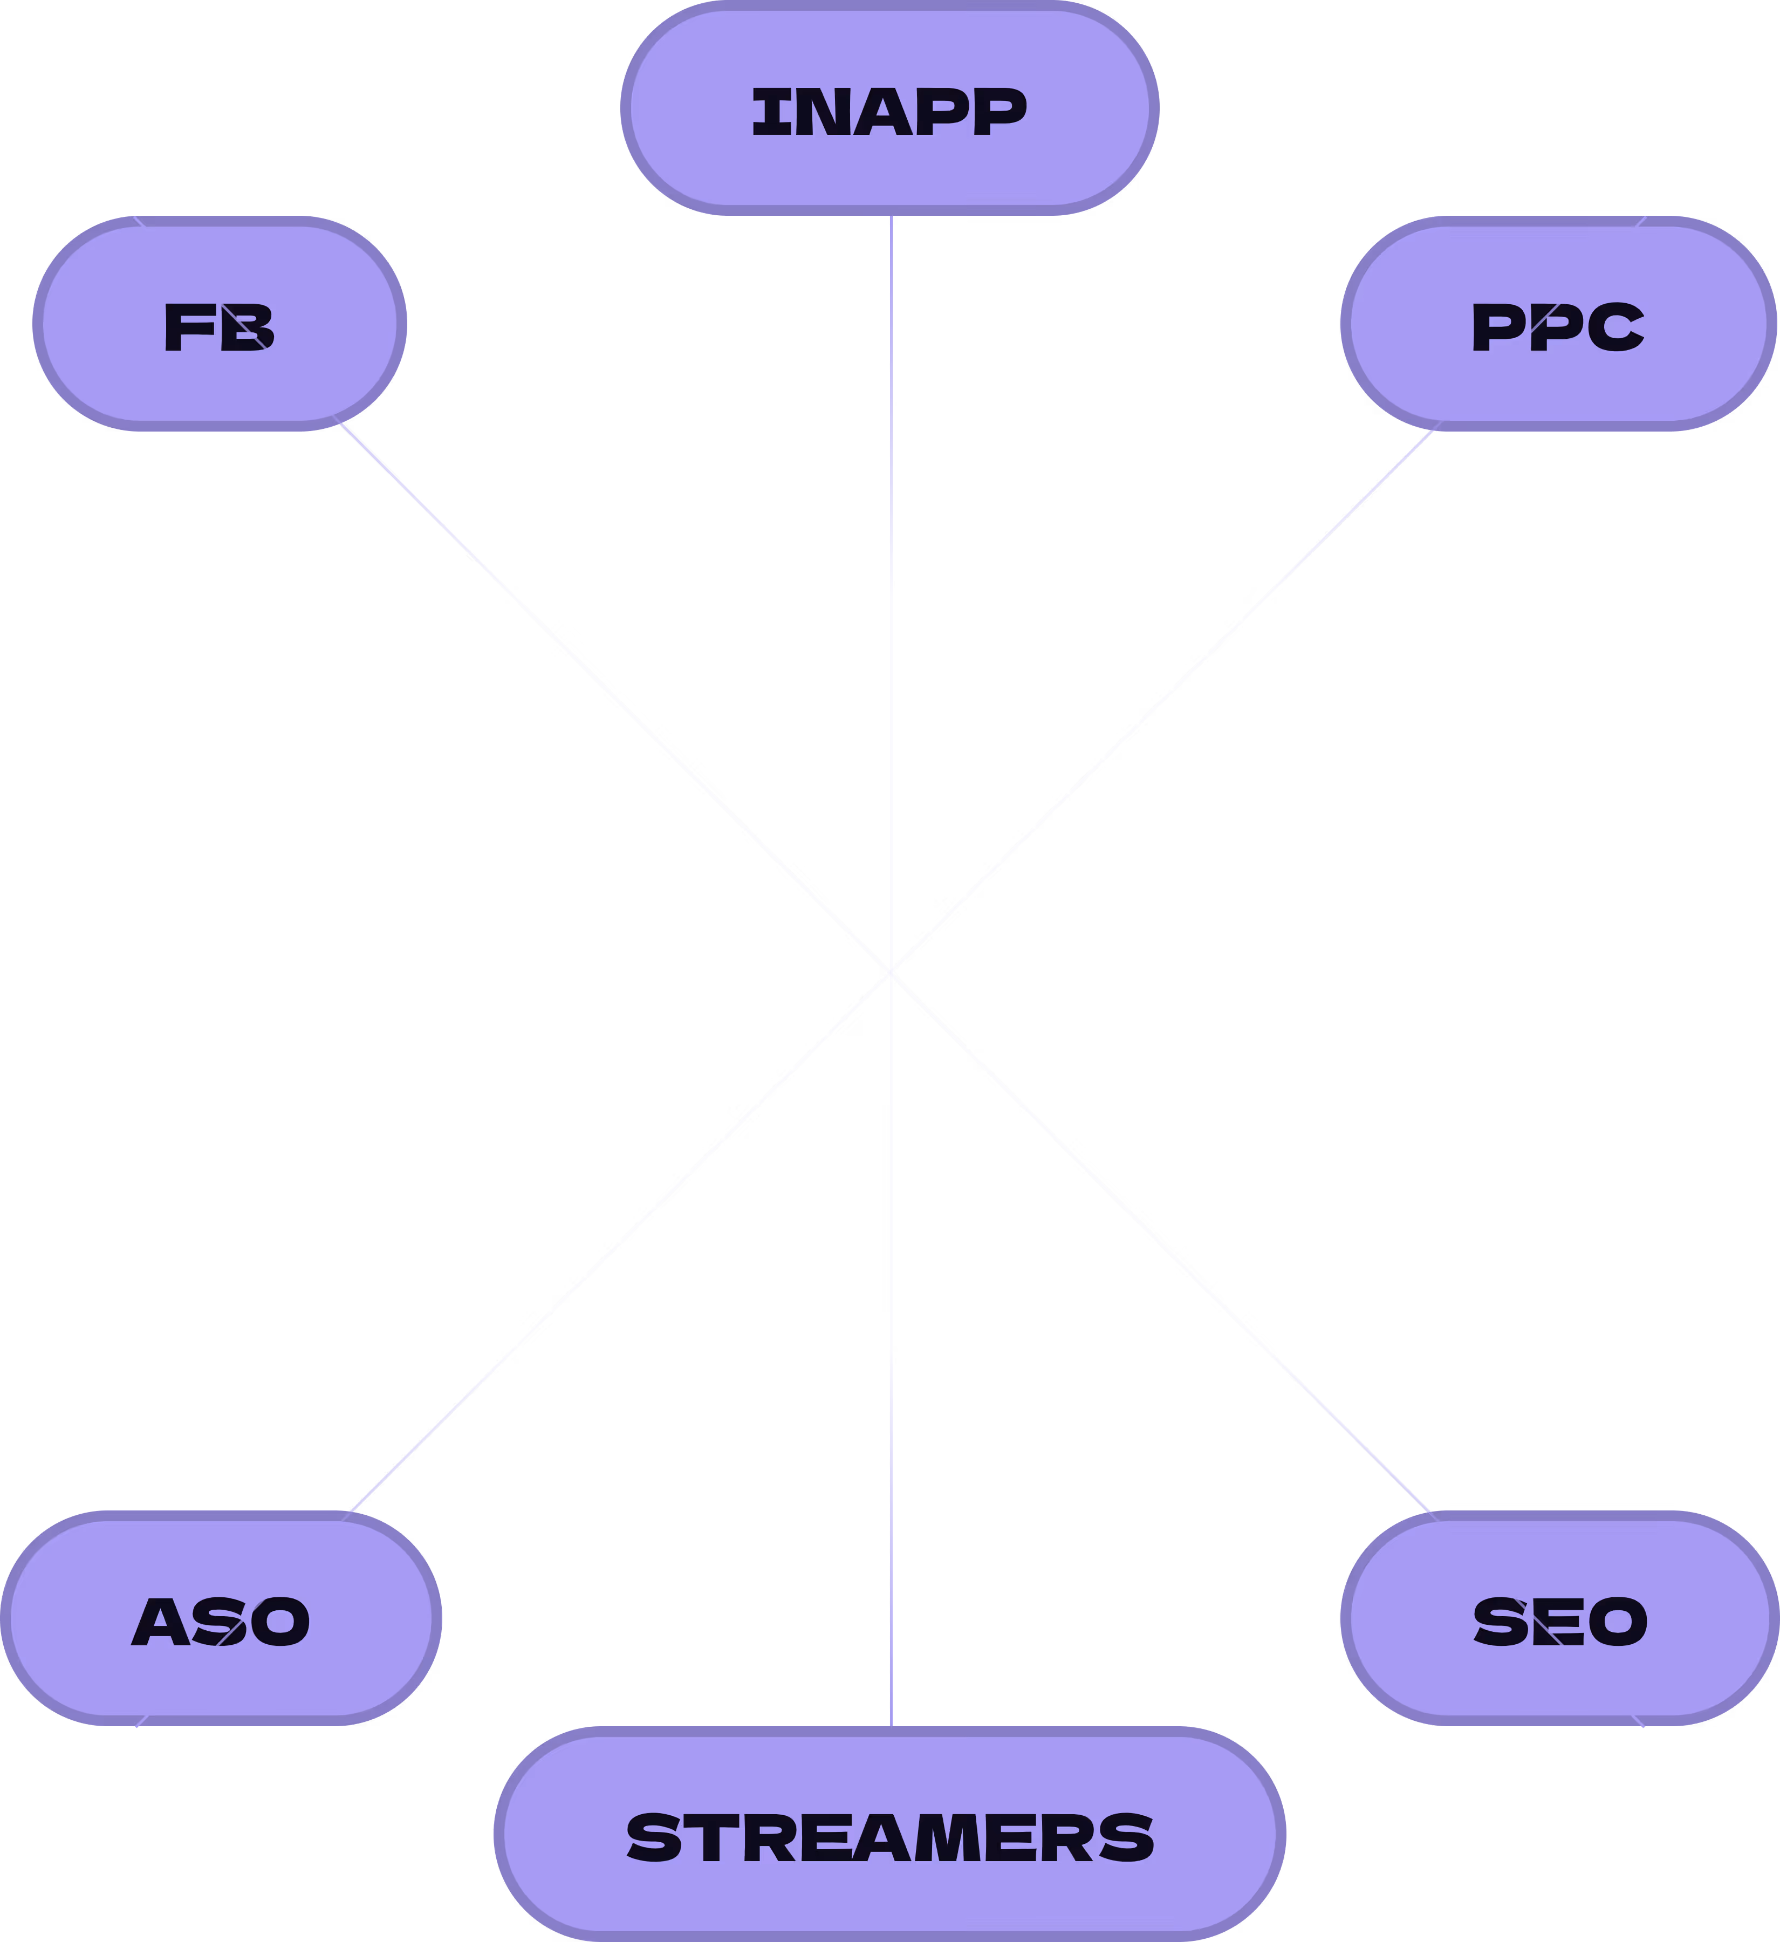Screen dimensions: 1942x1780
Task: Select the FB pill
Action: pos(220,324)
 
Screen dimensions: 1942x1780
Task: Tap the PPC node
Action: pos(1558,324)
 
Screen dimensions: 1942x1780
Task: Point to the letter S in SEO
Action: pos(1499,1622)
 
